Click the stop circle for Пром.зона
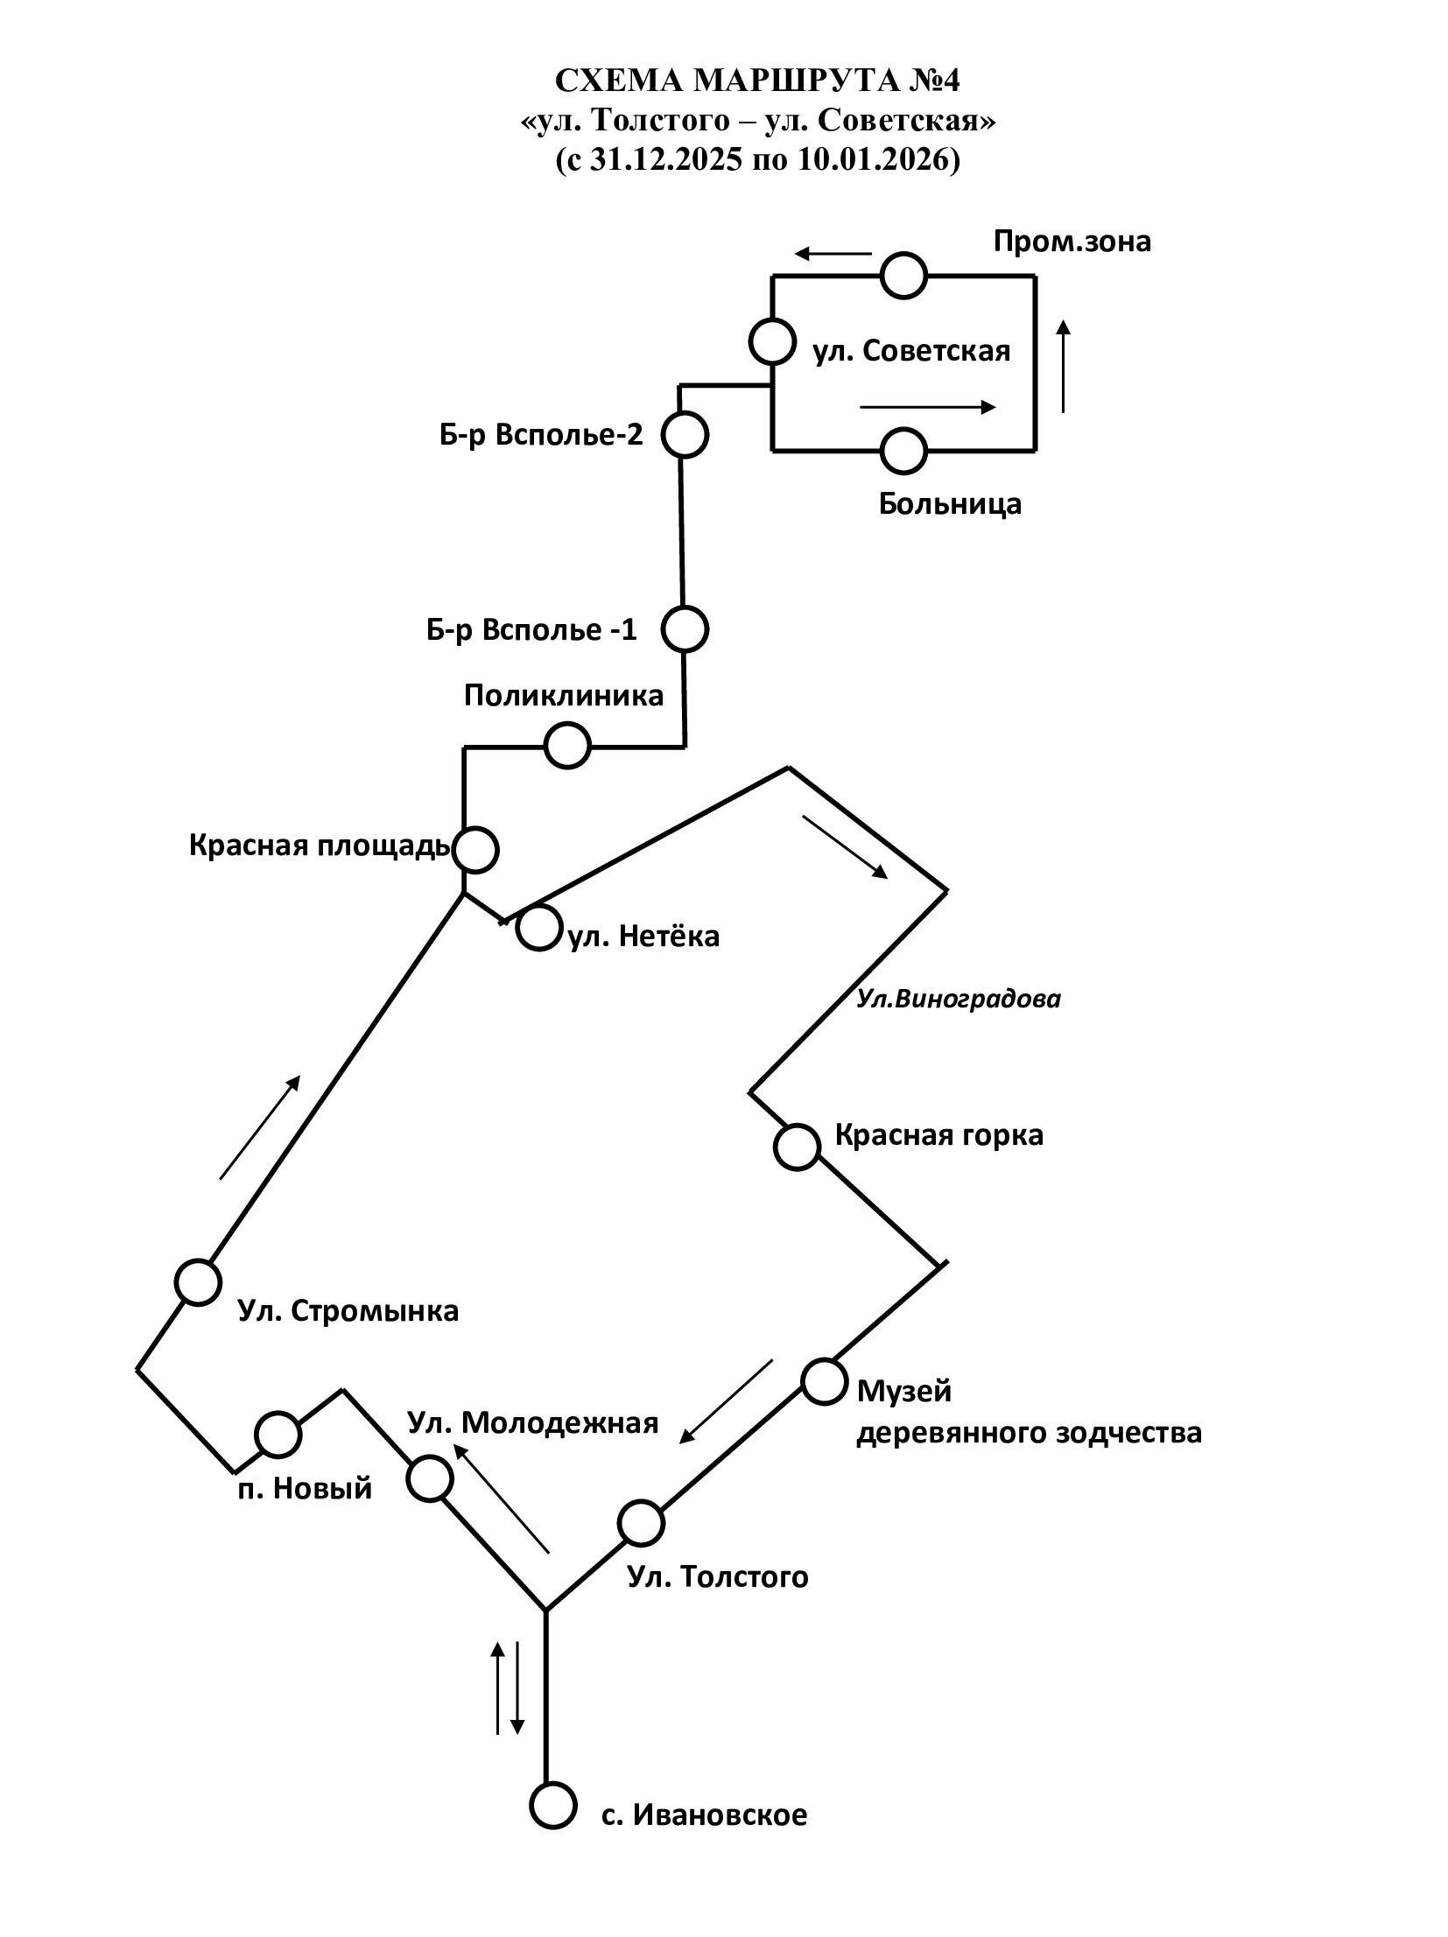[903, 276]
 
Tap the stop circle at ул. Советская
[772, 341]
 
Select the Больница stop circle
[903, 452]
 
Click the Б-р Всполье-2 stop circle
[683, 434]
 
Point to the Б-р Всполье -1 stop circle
[684, 628]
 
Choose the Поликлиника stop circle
[566, 746]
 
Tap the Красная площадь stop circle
[474, 849]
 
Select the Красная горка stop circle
[798, 1147]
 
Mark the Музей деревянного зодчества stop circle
[824, 1382]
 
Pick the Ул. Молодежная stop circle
[430, 1478]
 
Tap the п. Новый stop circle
[278, 1434]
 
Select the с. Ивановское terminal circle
[552, 1807]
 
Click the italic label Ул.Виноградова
[959, 1000]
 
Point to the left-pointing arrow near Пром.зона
[833, 255]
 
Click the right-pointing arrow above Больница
[928, 407]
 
